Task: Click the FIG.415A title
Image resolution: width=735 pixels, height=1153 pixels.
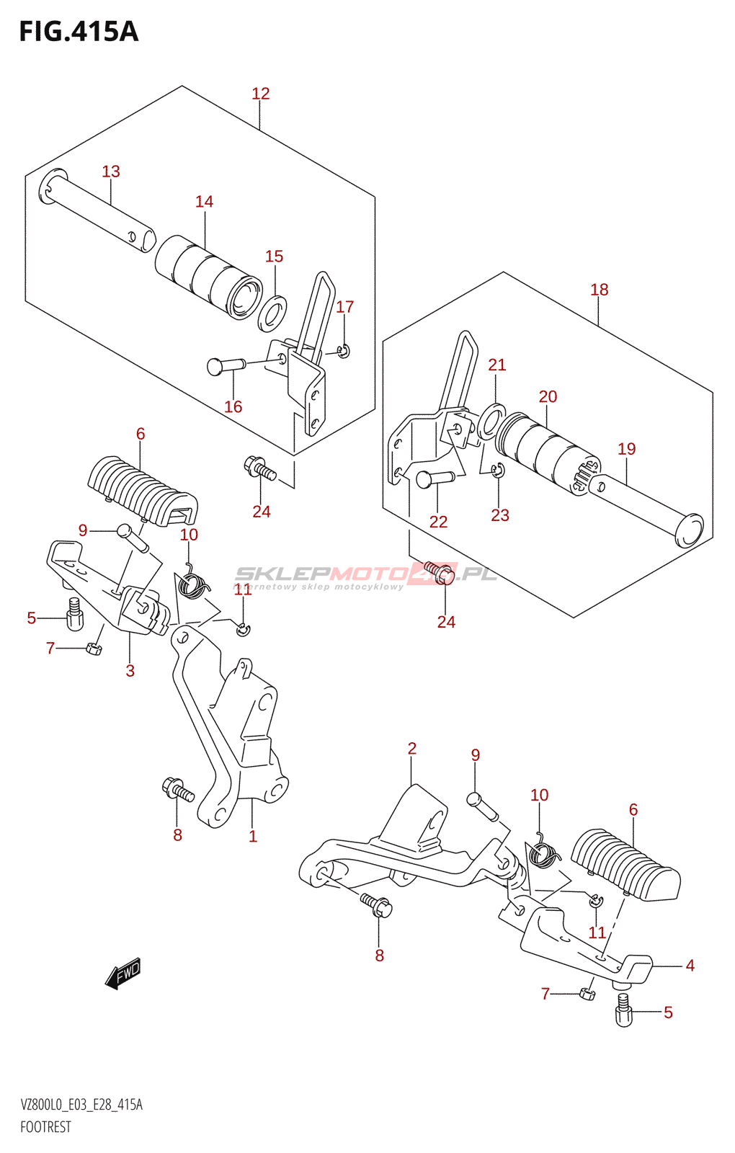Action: pyautogui.click(x=79, y=32)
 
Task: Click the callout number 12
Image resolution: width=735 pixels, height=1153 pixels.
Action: pyautogui.click(x=261, y=94)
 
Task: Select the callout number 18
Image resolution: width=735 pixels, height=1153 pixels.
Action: pyautogui.click(x=599, y=290)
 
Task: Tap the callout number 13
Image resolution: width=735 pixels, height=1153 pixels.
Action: pyautogui.click(x=110, y=172)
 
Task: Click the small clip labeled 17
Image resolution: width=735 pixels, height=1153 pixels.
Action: pyautogui.click(x=344, y=352)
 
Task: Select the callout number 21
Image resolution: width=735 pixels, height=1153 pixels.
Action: pyautogui.click(x=497, y=365)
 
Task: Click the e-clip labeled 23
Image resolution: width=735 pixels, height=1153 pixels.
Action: pyautogui.click(x=498, y=471)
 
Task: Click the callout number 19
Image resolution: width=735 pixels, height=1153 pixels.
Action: pyautogui.click(x=626, y=449)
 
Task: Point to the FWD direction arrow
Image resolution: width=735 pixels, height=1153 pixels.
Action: pyautogui.click(x=123, y=974)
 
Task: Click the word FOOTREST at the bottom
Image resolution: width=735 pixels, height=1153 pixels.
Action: pyautogui.click(x=45, y=1127)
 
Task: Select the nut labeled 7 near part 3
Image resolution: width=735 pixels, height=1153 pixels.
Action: pyautogui.click(x=93, y=649)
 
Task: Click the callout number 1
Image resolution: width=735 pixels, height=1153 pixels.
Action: pyautogui.click(x=253, y=837)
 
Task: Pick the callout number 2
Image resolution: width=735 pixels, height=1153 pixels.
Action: pyautogui.click(x=411, y=749)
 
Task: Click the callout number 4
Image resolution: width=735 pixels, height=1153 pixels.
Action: pyautogui.click(x=690, y=966)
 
